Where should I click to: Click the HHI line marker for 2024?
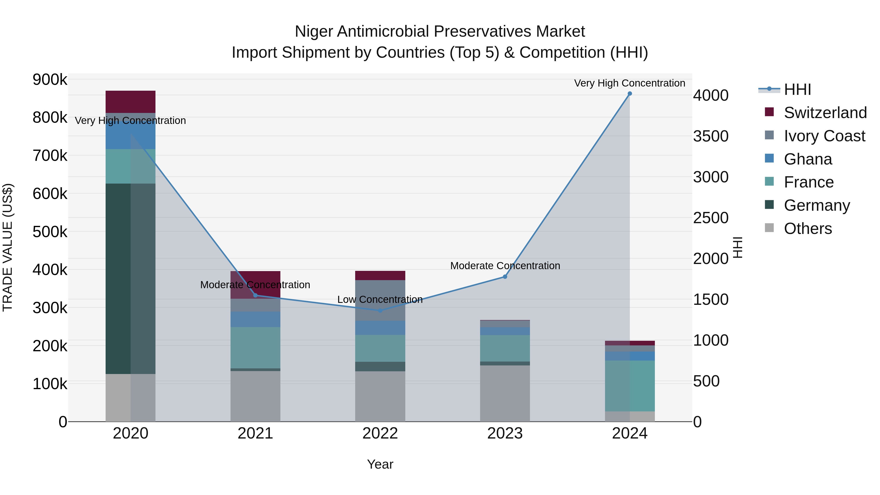[x=630, y=94]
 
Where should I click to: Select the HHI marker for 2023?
[x=505, y=277]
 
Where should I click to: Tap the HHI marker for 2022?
[x=380, y=310]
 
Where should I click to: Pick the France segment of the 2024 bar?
[x=630, y=386]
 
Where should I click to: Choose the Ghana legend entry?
[x=808, y=159]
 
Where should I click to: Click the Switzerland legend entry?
[x=825, y=113]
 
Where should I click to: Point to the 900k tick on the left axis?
[x=50, y=80]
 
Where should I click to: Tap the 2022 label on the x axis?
[x=380, y=433]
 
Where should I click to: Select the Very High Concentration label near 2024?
[x=630, y=83]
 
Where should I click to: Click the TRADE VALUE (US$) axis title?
[x=8, y=247]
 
